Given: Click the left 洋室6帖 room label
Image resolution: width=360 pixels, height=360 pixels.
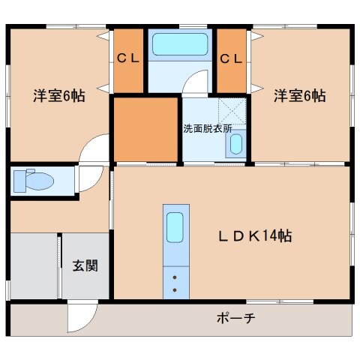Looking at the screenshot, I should [58, 96].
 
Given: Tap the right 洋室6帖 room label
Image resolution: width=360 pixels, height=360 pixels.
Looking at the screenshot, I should [298, 96].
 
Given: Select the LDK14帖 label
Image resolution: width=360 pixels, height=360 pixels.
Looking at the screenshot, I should [255, 235].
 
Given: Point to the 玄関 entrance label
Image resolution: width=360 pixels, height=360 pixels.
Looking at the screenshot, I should [84, 265].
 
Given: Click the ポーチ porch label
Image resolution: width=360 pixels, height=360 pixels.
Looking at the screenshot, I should [236, 318].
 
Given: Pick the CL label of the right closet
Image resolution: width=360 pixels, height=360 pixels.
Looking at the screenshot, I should [231, 58].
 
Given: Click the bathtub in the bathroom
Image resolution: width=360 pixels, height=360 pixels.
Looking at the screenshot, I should [179, 44].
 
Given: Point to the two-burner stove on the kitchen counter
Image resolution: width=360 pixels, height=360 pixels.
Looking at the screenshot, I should [175, 283].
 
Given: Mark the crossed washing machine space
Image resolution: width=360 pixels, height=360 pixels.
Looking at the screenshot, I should [233, 112].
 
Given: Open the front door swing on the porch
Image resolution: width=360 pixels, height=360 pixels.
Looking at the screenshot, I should [81, 319].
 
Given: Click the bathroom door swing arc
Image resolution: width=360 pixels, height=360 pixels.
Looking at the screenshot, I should [197, 82].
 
